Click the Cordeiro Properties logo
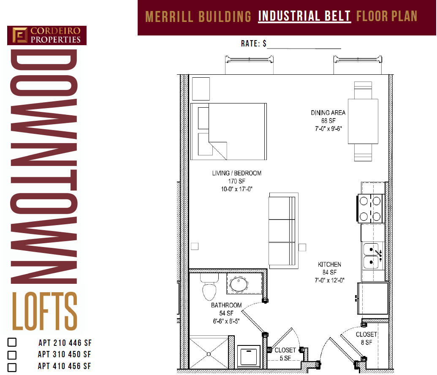(47, 35)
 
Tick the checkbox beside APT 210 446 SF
(12, 342)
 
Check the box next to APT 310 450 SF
(12, 355)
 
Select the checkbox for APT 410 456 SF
(12, 367)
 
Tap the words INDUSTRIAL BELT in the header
(304, 16)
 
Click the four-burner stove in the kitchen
(370, 208)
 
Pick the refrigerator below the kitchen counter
(373, 298)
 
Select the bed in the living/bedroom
(228, 131)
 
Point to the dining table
(363, 121)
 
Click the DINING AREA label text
(328, 113)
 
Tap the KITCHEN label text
(329, 265)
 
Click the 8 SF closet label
(366, 338)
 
